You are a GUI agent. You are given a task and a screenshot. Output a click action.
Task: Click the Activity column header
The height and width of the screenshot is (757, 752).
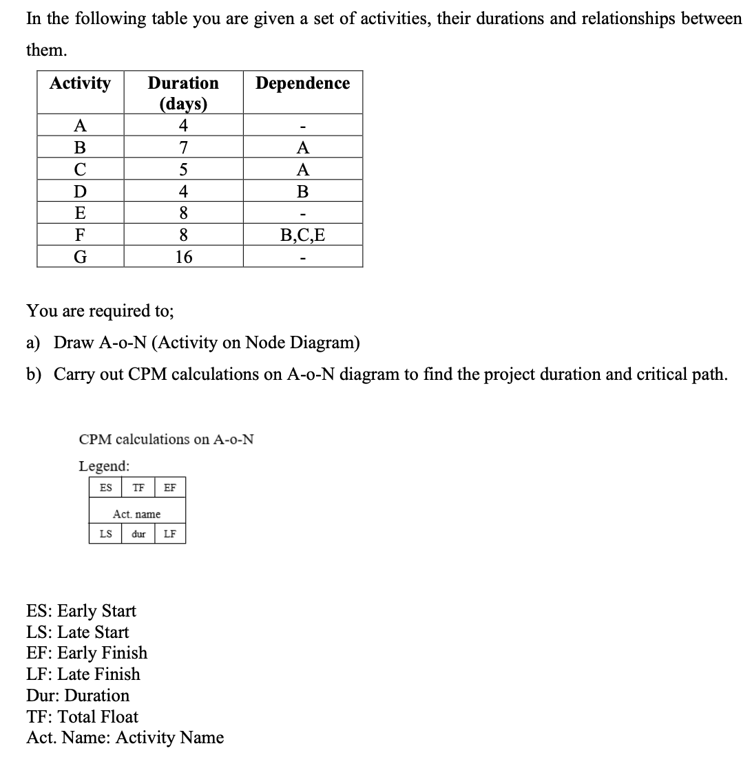(81, 84)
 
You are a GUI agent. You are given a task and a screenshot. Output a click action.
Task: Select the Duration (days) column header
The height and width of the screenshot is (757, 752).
(183, 93)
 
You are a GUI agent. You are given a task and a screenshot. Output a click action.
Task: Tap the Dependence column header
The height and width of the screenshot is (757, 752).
(302, 84)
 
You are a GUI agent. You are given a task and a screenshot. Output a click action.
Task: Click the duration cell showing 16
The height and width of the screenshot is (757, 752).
(183, 257)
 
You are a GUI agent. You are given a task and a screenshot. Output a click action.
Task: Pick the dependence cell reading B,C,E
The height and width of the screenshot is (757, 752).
(302, 235)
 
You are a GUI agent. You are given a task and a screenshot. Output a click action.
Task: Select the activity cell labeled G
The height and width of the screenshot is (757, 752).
(81, 257)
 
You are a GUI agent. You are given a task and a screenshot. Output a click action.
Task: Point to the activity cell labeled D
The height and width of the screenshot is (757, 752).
(81, 191)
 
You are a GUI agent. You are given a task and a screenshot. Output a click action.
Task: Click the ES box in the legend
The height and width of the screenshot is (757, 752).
(106, 488)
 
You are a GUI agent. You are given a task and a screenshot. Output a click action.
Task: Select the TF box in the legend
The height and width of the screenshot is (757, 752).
(138, 488)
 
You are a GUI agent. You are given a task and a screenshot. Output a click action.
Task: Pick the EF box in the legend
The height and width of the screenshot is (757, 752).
(170, 488)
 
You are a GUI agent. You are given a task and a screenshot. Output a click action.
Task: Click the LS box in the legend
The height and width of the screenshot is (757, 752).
(106, 534)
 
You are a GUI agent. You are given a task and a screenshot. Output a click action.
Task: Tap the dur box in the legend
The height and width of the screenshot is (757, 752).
(138, 534)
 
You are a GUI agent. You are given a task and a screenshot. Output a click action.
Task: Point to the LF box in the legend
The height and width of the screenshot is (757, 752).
(170, 534)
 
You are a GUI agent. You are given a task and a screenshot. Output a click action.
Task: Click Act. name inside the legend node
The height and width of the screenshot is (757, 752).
(137, 514)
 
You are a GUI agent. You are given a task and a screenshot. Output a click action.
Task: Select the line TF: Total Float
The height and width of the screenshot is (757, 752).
(82, 716)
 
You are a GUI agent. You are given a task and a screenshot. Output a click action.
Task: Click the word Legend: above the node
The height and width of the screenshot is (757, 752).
(104, 466)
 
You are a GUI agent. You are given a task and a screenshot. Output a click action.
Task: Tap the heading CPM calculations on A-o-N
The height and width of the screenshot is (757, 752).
(167, 439)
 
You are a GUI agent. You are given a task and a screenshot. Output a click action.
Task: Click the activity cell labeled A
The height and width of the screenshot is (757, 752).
(81, 125)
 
